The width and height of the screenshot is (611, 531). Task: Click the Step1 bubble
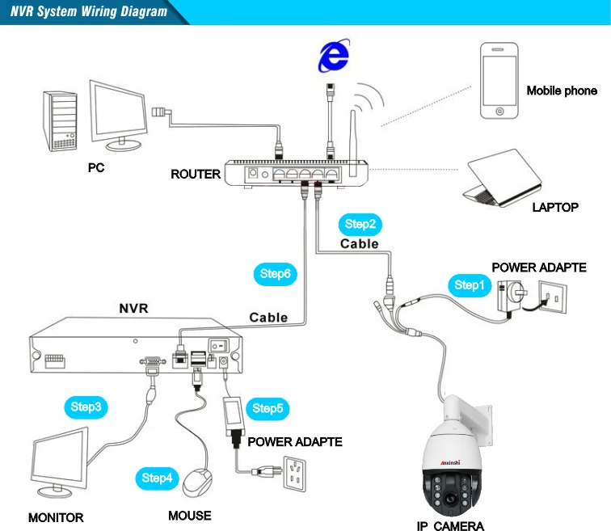tap(470, 285)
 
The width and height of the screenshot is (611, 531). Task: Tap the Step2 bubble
tap(360, 224)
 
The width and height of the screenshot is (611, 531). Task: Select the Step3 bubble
tap(86, 407)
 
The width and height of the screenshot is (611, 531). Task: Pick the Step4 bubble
tap(157, 478)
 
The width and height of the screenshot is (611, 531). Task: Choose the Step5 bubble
tap(268, 409)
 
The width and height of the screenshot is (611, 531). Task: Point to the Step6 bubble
tap(275, 274)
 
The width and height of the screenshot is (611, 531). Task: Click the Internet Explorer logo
tap(334, 55)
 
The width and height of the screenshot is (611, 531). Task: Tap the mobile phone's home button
tap(499, 112)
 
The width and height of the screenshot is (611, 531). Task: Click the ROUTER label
tap(196, 174)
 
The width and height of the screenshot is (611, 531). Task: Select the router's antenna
tap(353, 143)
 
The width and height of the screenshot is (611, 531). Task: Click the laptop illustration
tap(503, 178)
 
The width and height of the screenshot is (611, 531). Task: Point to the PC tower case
tap(60, 121)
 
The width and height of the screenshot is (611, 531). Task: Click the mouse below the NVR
tap(197, 483)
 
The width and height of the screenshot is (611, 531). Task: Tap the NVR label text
tap(133, 309)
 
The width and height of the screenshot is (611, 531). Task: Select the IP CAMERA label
tap(450, 526)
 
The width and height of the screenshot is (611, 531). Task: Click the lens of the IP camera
tap(451, 499)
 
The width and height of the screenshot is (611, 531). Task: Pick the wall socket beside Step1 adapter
tap(553, 297)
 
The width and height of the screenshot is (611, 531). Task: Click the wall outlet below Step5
tap(295, 474)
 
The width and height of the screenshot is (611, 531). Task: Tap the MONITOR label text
tap(56, 518)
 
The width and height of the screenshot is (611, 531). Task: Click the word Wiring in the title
tap(99, 11)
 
